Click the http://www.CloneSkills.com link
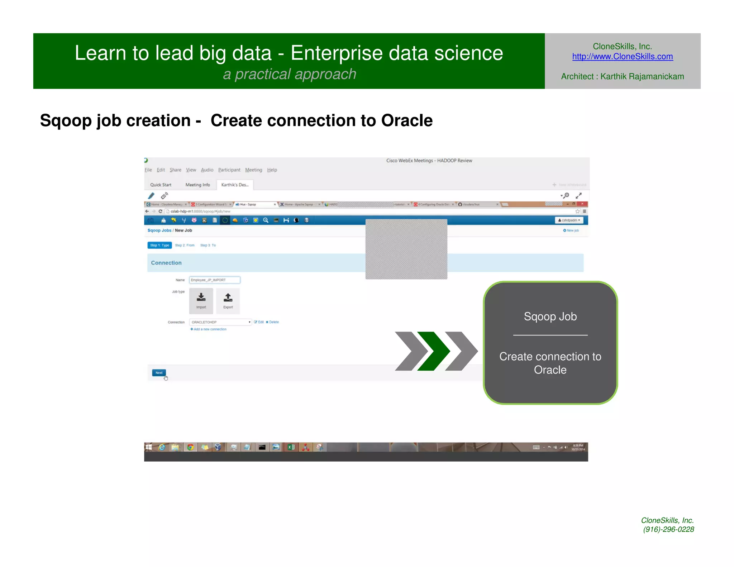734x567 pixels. click(622, 57)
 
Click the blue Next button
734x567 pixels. click(159, 373)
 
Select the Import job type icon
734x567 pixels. click(201, 301)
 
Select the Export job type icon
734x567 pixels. click(228, 301)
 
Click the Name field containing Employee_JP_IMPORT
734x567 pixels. click(214, 280)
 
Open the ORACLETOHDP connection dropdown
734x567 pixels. click(220, 322)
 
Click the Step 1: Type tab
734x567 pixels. click(159, 246)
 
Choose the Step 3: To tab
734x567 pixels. click(208, 246)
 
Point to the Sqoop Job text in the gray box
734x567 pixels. click(550, 316)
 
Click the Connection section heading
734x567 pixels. click(166, 263)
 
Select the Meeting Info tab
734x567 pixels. click(197, 185)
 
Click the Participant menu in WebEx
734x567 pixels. click(229, 170)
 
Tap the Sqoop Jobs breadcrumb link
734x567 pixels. click(159, 230)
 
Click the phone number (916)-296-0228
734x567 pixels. click(668, 529)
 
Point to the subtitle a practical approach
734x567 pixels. click(290, 74)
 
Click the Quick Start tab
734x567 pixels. click(161, 185)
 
